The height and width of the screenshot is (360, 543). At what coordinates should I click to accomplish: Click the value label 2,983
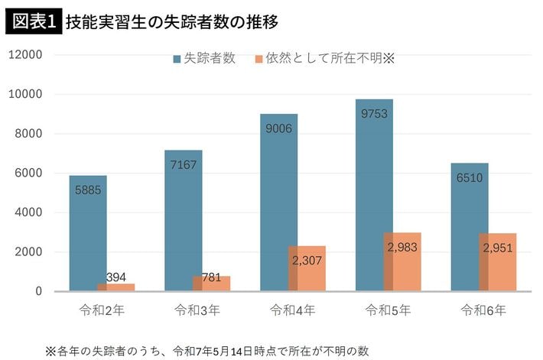click(x=402, y=248)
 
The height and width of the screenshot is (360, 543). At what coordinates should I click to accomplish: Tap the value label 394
click(x=115, y=277)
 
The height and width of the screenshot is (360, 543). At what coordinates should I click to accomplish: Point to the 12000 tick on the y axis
click(x=26, y=55)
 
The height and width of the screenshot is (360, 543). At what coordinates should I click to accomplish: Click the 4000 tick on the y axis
click(x=29, y=212)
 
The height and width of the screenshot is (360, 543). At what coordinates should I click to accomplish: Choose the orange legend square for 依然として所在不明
click(x=259, y=59)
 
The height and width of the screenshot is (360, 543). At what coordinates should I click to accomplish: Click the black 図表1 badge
click(x=34, y=21)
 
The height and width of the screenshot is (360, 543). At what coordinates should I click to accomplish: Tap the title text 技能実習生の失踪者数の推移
click(x=171, y=21)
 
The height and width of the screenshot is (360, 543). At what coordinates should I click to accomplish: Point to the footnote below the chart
click(x=206, y=351)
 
